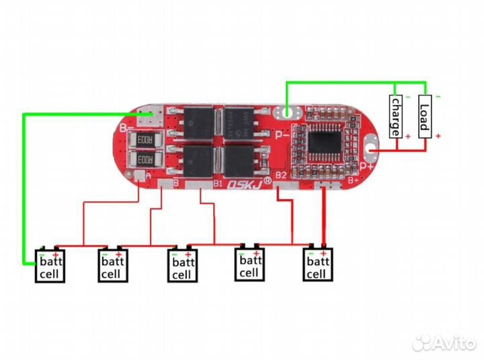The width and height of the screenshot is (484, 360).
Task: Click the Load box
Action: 424,116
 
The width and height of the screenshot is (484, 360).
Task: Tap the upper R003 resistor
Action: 144,139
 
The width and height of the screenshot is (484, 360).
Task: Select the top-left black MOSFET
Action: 198,119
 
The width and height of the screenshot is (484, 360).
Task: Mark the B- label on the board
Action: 125,126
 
